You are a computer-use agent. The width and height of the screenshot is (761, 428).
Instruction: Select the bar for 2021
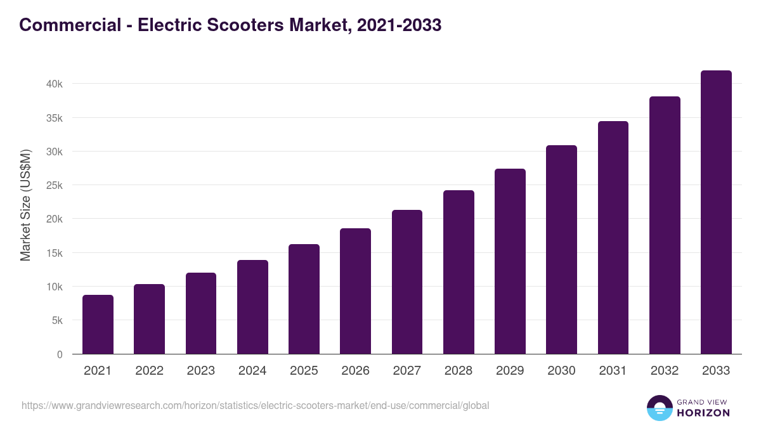(98, 325)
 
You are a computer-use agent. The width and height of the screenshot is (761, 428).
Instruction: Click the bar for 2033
(716, 212)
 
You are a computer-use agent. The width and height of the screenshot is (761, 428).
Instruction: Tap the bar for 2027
(407, 282)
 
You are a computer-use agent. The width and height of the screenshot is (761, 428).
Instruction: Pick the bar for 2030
(561, 250)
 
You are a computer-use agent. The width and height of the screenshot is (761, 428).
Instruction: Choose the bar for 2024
(252, 307)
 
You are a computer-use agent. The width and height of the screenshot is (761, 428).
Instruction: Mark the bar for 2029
(510, 261)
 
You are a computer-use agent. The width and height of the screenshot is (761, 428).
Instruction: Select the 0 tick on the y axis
(60, 354)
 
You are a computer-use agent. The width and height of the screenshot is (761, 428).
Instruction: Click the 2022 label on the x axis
(149, 371)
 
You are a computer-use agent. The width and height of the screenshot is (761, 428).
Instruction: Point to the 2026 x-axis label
(355, 371)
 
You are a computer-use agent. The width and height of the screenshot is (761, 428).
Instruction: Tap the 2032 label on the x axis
(665, 371)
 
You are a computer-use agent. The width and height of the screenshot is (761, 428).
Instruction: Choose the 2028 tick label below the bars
(459, 371)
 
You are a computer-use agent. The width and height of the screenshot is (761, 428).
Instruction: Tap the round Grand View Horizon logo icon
(659, 408)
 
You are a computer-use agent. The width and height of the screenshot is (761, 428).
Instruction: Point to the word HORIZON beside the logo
(703, 413)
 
